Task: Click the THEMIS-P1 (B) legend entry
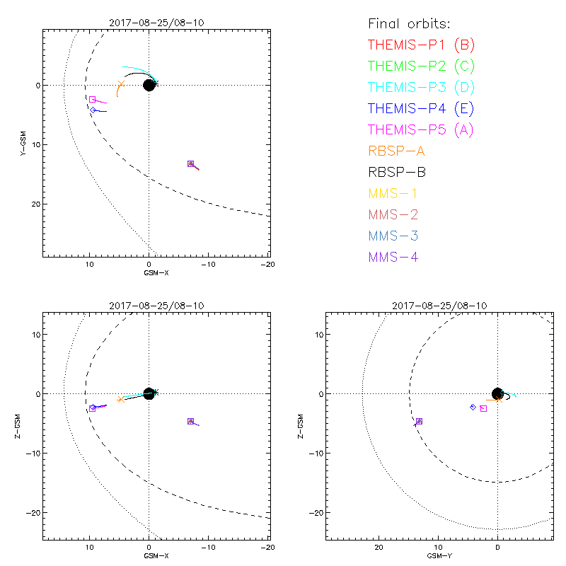[421, 45]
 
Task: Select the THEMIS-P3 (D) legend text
[421, 88]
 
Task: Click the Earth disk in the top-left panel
[149, 85]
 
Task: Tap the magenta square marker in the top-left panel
[93, 99]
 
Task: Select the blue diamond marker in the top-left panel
[93, 110]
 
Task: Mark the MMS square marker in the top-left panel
[190, 163]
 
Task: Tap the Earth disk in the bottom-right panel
[497, 393]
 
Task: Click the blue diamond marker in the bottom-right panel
[473, 407]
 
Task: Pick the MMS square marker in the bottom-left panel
[190, 421]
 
